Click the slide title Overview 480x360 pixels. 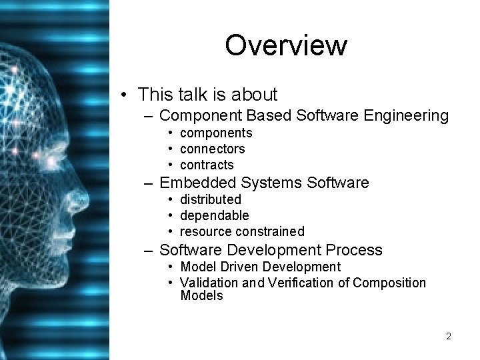coord(286,45)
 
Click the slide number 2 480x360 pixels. coord(449,336)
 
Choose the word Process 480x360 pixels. coord(354,250)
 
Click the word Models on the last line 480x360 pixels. coord(201,295)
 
